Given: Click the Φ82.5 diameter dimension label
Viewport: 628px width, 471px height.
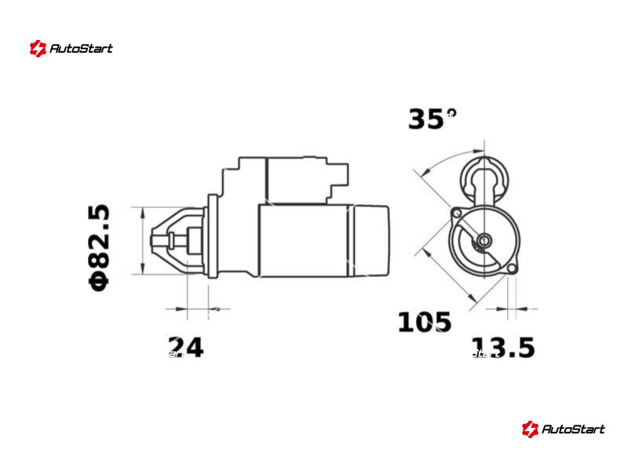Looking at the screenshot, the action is coord(99,247).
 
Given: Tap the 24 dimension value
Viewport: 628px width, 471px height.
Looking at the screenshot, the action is coord(186,347).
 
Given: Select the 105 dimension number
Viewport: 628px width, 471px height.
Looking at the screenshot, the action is coord(425,323).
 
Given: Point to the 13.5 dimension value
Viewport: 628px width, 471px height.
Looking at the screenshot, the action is coord(503,347).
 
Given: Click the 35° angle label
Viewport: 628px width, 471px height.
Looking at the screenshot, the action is coord(432,119).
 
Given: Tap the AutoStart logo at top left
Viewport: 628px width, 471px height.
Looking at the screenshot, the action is coord(71,49).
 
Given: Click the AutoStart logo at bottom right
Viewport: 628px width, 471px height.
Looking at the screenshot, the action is coord(563,429).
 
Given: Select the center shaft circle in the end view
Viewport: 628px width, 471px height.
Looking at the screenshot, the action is coord(484,241).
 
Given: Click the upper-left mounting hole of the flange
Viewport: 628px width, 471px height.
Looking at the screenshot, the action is coord(457,213).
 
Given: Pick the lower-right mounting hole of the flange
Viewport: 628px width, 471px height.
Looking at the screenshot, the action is coord(512,268).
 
